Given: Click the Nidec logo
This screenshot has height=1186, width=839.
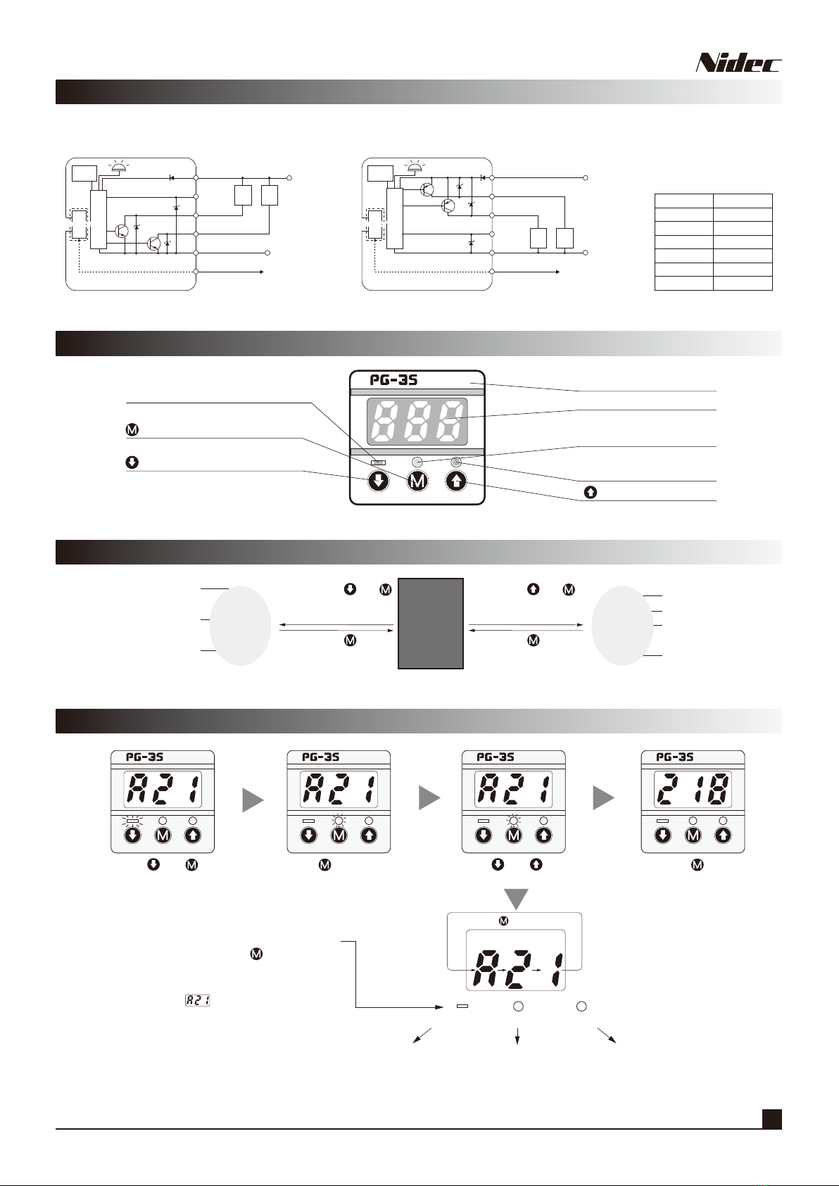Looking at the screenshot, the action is [738, 63].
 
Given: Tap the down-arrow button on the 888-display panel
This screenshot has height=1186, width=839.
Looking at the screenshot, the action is [379, 481].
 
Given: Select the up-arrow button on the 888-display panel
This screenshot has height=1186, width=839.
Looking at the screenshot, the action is [456, 481].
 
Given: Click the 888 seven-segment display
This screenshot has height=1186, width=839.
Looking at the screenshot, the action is [417, 421].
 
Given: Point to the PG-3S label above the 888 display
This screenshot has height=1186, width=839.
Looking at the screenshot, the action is [393, 379].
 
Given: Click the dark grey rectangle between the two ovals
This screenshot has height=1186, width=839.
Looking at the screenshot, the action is [431, 623].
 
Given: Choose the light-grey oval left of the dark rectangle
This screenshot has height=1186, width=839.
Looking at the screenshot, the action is [240, 626].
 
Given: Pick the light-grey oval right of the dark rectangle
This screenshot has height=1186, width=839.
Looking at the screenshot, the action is [622, 626].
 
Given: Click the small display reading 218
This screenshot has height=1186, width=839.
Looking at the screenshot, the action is [693, 789].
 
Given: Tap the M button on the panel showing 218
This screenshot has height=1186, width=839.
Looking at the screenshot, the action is [693, 835].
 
